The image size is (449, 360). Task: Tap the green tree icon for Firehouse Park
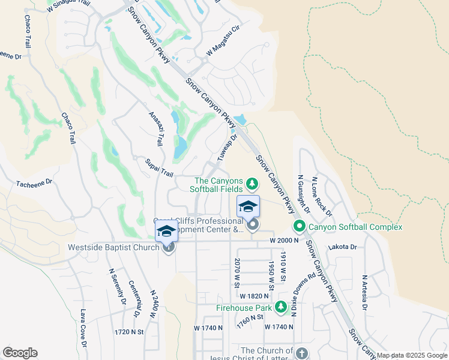tap(280, 308)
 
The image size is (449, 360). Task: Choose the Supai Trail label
tap(159, 168)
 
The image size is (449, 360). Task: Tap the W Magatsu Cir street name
tap(223, 45)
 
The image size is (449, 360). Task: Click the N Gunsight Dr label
tap(304, 194)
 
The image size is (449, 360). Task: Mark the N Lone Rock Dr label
tap(322, 197)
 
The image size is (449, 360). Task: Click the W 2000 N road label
tap(285, 241)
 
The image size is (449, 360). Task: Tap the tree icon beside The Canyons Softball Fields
tap(253, 182)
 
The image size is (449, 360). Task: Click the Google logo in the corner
tap(20, 353)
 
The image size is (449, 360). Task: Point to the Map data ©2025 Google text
tap(412, 355)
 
